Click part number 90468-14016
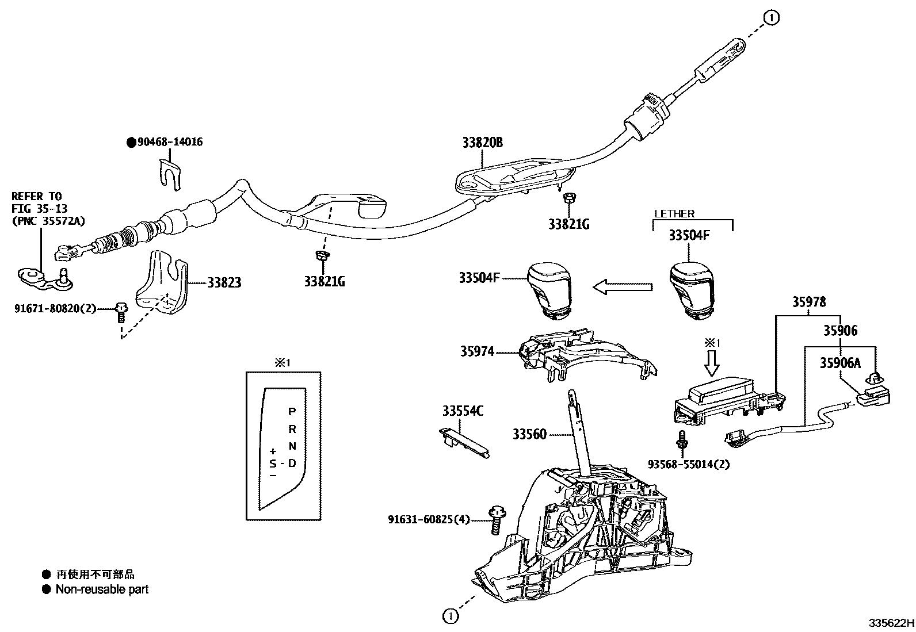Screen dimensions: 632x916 170,142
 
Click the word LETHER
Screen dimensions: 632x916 674,214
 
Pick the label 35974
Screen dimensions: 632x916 477,351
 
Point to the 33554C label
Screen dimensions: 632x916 463,411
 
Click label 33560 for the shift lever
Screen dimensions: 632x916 529,435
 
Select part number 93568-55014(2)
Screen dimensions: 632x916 688,464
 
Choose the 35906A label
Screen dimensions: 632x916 840,363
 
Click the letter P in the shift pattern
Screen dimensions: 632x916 292,411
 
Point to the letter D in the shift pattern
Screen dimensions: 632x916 292,463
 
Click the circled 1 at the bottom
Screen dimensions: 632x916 450,616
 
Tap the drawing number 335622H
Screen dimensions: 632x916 891,623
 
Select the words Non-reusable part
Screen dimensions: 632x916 102,589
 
